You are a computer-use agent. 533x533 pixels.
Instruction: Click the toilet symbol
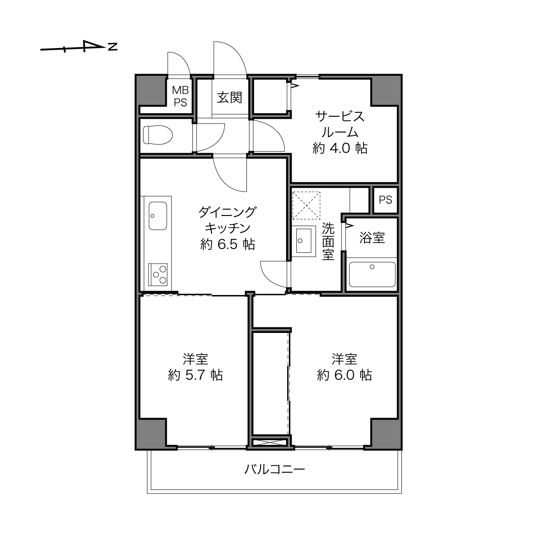coord(158,135)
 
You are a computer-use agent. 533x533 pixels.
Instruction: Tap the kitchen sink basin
coord(158,216)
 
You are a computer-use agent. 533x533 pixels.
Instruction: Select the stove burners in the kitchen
coord(158,275)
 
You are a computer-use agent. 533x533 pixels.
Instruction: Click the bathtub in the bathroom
coord(372,275)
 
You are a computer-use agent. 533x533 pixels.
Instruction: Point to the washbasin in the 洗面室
coord(304,241)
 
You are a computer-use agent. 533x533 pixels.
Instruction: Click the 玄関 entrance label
coord(229,97)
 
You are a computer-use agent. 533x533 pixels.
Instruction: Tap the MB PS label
coord(181,96)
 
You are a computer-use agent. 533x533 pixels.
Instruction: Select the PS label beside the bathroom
coord(385,200)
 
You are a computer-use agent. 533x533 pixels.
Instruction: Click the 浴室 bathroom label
coord(372,238)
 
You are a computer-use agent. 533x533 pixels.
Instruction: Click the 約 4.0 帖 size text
coord(340,149)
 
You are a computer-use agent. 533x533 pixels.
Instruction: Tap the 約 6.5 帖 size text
coord(227,244)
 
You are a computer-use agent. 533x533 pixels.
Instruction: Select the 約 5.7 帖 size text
coord(195,375)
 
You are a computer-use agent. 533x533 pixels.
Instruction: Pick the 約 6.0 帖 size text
coord(344,375)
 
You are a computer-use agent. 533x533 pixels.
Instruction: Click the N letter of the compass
coord(113,47)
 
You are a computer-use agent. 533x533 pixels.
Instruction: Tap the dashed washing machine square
coord(306,206)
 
